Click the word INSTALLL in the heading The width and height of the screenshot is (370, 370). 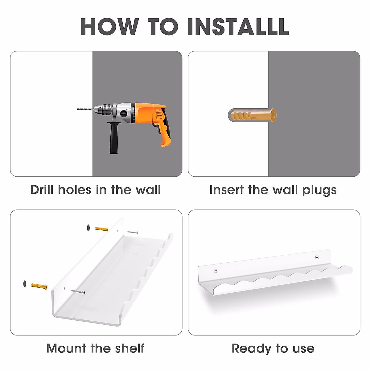click(x=238, y=27)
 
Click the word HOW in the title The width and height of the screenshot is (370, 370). click(x=110, y=27)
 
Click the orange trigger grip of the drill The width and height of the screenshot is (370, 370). click(x=163, y=133)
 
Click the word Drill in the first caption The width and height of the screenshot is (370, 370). click(x=42, y=190)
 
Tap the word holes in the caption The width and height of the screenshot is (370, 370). click(x=75, y=190)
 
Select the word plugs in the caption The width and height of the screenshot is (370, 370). click(x=319, y=191)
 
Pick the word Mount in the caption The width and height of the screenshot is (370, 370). click(x=66, y=348)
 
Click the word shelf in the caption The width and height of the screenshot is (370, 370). click(x=129, y=348)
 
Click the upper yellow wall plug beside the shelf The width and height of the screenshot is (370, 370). click(x=101, y=229)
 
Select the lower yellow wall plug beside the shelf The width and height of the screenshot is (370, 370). click(x=39, y=286)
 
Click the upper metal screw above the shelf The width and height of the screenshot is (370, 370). click(x=133, y=232)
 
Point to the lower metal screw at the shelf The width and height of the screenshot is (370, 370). click(x=78, y=292)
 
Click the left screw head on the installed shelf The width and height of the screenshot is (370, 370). click(x=216, y=271)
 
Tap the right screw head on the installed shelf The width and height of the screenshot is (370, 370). click(x=317, y=257)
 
